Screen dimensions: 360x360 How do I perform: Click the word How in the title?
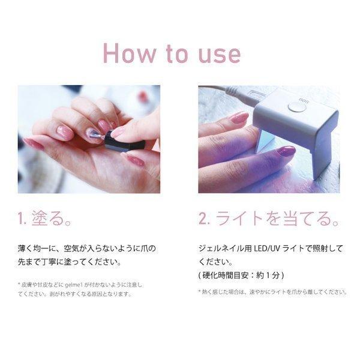129,53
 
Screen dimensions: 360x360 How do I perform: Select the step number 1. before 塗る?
22,218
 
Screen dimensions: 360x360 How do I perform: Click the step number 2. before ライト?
204,218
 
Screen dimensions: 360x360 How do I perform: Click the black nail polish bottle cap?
125,142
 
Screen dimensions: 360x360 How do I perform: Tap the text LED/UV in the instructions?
267,248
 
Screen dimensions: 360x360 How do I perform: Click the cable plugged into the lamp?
236,95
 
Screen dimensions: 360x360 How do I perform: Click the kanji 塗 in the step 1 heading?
40,218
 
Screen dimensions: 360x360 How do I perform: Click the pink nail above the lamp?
239,118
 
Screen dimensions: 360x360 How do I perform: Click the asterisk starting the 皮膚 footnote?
19,284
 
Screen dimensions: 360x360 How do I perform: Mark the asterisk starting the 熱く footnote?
200,291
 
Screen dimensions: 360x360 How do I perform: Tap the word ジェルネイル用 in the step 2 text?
225,248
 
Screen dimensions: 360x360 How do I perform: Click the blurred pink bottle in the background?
143,94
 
